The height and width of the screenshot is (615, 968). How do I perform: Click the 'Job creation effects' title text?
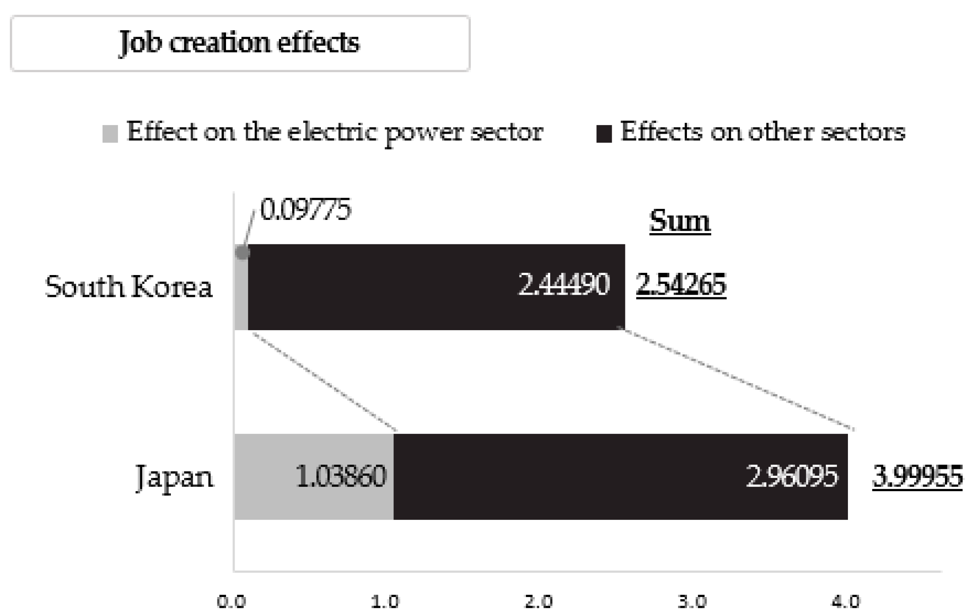coord(239,43)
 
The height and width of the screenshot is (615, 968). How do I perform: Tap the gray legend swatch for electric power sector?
coord(110,134)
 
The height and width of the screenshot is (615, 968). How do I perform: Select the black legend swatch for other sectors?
coord(604,134)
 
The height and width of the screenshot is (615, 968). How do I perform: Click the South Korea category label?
coord(129,287)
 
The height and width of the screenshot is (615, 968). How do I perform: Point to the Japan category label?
coord(174,477)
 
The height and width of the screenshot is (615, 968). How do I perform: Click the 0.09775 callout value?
coord(305,209)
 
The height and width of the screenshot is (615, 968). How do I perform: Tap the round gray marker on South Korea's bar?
coord(243,252)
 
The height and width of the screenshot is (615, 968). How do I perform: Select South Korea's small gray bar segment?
coord(241,299)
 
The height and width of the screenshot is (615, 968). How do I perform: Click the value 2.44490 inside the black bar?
coord(563,285)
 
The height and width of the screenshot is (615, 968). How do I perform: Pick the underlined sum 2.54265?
coord(681,285)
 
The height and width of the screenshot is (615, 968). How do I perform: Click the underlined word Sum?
coord(680,221)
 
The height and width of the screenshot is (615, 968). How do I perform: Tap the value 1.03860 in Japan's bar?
coord(340,477)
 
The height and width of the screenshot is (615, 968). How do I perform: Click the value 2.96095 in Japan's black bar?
coord(792,477)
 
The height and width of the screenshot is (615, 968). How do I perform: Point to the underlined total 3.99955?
coord(917,477)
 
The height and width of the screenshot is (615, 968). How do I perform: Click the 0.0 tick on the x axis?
coord(231,602)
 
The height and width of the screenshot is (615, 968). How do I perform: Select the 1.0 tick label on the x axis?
coord(385,602)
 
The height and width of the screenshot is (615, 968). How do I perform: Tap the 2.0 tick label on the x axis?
coord(538,602)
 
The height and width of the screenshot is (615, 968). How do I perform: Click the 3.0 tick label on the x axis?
coord(692,602)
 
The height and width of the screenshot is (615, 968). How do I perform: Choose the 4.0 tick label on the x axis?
coord(845,602)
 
